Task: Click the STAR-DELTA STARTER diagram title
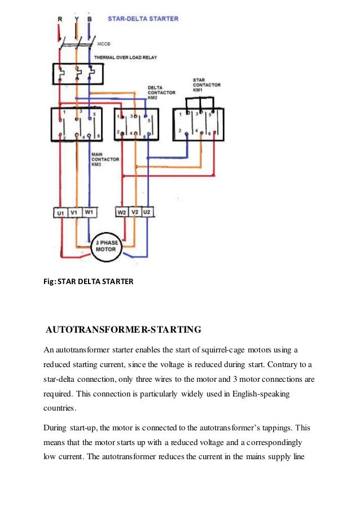[x=143, y=19]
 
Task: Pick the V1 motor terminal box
[x=74, y=213]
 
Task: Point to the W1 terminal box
[x=89, y=212]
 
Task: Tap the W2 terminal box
[x=122, y=212]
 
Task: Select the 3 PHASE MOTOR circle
[x=106, y=246]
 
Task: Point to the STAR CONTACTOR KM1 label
[x=207, y=85]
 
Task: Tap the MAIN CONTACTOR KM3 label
[x=105, y=160]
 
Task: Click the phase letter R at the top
[x=60, y=19]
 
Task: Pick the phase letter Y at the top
[x=76, y=19]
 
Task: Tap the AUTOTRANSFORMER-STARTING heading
[x=123, y=329]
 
